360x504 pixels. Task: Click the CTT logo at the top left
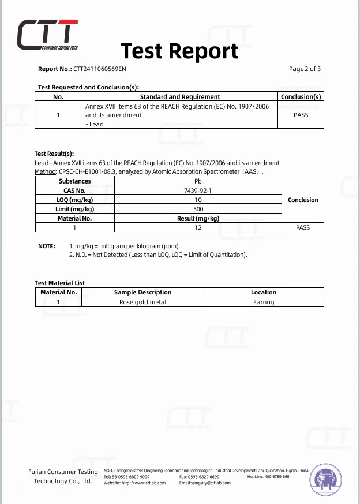coord(47,36)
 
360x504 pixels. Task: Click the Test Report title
coord(179,51)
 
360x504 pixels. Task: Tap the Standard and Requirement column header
coord(180,97)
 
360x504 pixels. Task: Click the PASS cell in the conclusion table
coord(301,115)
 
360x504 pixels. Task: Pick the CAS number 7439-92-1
coord(198,191)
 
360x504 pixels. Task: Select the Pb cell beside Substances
coord(198,181)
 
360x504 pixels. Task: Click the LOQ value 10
coord(198,200)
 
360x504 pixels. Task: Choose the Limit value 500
coord(198,209)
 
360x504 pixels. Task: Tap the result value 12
coord(198,227)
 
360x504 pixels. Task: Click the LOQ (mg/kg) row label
coord(74,200)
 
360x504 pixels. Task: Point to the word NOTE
coord(46,246)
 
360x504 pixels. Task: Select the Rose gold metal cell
coord(142,302)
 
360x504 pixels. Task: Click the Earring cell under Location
coord(264,302)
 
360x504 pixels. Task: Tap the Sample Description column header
coord(142,292)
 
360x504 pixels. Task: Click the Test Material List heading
coord(59,283)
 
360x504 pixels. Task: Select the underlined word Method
coord(46,172)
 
